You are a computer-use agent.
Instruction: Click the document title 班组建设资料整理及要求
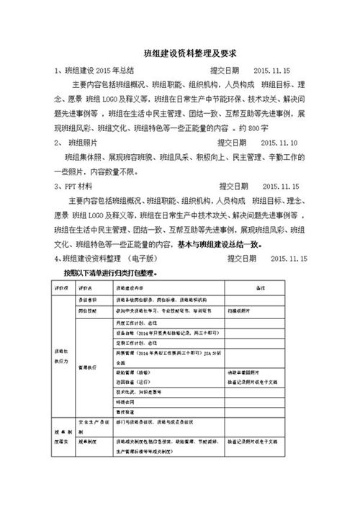pos(180,53)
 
